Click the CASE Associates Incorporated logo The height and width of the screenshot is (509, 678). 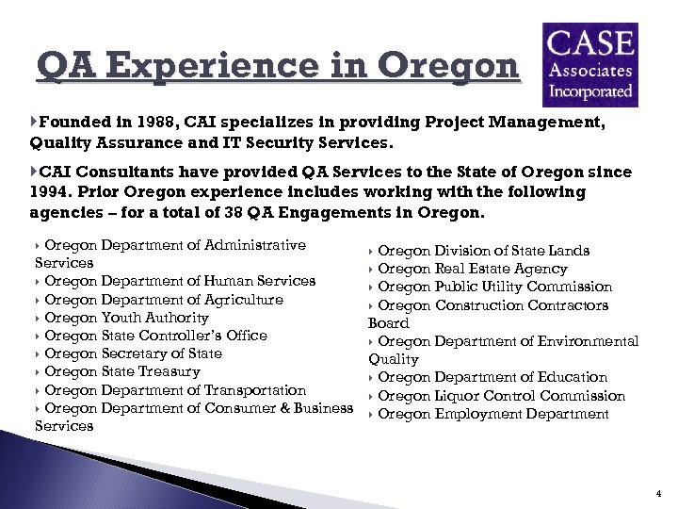tap(590, 65)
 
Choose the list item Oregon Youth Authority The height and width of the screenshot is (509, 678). tap(126, 318)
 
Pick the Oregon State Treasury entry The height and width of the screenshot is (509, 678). tap(122, 371)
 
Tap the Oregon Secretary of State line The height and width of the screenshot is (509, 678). tap(133, 353)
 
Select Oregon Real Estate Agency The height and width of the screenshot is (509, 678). tap(472, 269)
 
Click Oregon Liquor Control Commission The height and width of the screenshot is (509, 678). tap(501, 396)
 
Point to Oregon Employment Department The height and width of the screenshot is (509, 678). tap(492, 414)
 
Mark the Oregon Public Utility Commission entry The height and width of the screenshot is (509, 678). tap(494, 287)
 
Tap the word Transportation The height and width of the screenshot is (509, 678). tap(253, 390)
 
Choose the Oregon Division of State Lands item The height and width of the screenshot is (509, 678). tap(483, 251)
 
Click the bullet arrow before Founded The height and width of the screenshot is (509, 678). tap(35, 123)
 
